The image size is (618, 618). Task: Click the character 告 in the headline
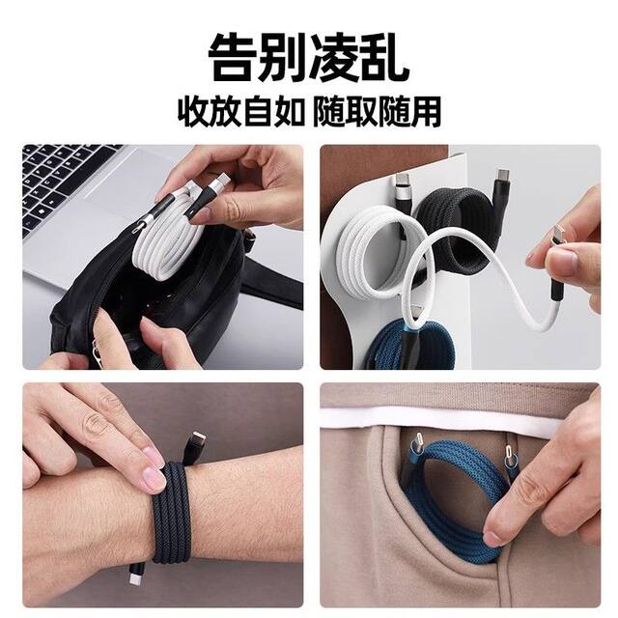[234, 59]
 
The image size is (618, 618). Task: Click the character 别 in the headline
[284, 59]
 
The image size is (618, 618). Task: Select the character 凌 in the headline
[334, 59]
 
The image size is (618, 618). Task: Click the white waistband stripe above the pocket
[463, 414]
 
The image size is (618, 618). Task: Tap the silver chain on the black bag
[106, 343]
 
